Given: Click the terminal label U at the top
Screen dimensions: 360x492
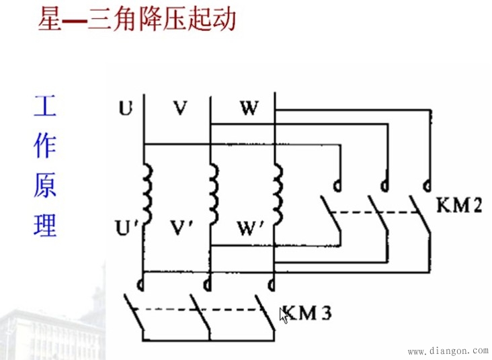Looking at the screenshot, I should tap(125, 108).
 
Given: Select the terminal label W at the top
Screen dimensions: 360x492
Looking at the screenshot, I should tap(249, 108).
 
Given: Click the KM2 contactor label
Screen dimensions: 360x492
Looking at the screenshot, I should tap(459, 206).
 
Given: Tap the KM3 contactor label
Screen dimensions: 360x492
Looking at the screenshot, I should tap(307, 313).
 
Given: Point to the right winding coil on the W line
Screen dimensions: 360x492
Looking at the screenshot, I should tap(278, 195).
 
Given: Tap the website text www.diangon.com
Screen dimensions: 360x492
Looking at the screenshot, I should tap(448, 351).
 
